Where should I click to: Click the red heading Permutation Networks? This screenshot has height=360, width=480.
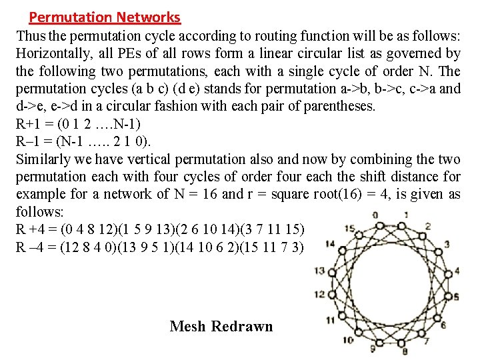[x=105, y=17]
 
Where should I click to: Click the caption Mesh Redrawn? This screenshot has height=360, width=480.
[x=221, y=326]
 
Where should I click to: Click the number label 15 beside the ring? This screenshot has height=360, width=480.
[x=349, y=229]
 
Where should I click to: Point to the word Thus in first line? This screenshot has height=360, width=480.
[x=29, y=35]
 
